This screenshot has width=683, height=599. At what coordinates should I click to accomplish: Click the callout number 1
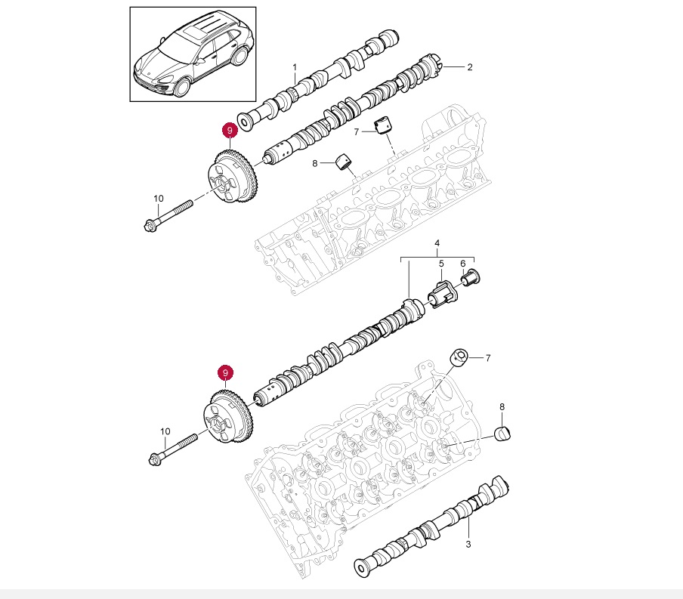point(295,68)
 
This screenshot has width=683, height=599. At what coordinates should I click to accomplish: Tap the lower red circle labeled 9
point(224,373)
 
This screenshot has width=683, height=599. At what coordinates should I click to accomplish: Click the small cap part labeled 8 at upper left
point(346,161)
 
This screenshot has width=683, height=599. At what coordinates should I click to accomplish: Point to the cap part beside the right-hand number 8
point(502,433)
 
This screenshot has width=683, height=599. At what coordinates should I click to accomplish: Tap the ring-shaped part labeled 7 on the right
point(459,357)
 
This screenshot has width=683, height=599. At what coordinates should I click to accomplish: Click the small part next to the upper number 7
point(386,125)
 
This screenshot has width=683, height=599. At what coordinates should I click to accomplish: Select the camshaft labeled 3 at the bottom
point(434,526)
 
